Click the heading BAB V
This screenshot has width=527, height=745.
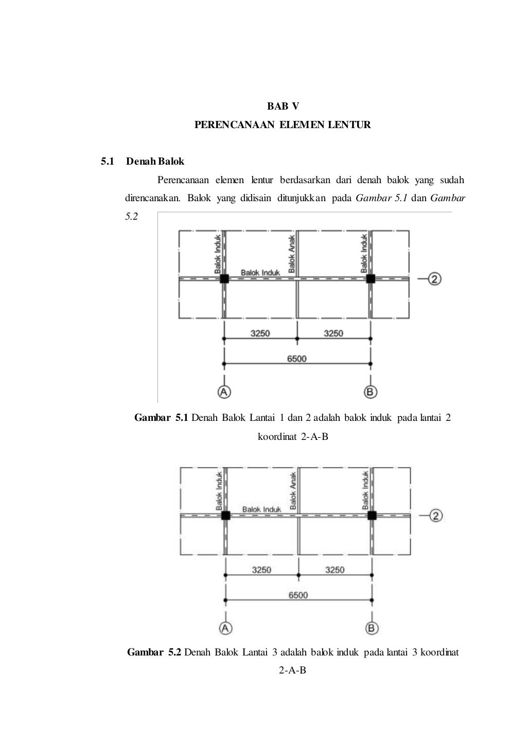283,107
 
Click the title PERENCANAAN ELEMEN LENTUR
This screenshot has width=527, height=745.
283,125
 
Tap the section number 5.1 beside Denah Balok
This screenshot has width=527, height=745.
107,162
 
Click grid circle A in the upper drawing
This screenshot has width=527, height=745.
224,392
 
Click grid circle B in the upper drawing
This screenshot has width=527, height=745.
371,392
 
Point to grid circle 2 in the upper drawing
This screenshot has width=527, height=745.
435,279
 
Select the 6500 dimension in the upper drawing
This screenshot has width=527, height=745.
296,359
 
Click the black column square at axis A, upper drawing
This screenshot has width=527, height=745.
224,279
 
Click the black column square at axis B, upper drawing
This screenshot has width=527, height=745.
371,279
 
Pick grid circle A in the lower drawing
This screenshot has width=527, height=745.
225,628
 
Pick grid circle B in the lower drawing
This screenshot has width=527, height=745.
372,628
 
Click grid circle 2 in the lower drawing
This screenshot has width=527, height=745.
436,516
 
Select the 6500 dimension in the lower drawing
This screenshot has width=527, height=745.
298,595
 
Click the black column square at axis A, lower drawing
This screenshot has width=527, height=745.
225,516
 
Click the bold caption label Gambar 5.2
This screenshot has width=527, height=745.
154,652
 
